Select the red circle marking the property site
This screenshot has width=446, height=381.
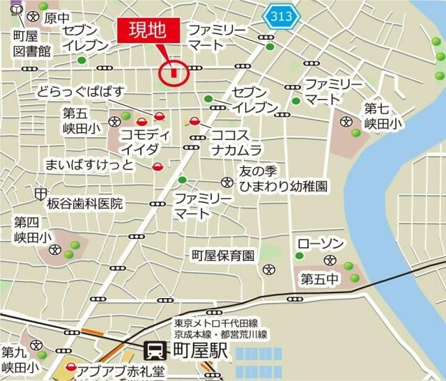pos(172,72)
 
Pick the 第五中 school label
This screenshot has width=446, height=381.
pos(318,279)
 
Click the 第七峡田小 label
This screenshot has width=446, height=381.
pos(383,116)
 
